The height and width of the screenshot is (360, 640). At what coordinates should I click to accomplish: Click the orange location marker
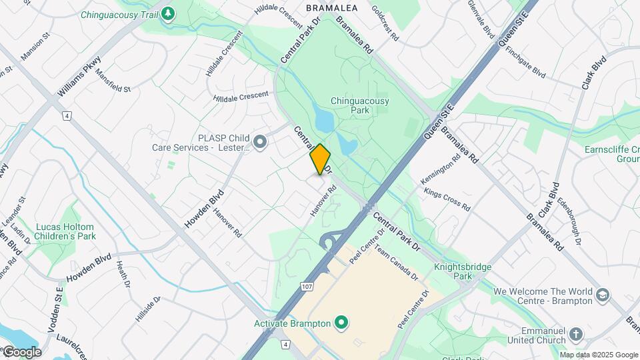click(x=320, y=159)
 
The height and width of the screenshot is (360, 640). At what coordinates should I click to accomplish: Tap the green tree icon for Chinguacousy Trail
click(x=169, y=13)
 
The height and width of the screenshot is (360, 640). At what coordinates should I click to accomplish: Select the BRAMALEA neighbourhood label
click(x=331, y=8)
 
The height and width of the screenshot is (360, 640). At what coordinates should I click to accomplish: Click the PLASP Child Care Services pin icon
click(x=260, y=141)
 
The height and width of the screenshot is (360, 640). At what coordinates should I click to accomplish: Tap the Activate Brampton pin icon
click(x=342, y=324)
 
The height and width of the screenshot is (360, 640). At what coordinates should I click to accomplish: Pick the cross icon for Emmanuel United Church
click(x=576, y=333)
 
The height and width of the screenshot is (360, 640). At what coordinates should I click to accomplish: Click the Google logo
click(x=21, y=351)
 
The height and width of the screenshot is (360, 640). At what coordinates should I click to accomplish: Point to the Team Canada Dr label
click(x=395, y=262)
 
